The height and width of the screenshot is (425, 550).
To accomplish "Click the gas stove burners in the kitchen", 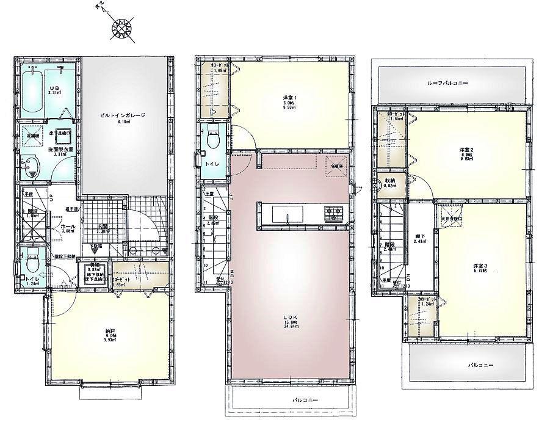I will (335, 213).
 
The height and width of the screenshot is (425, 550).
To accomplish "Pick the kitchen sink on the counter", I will (285, 215).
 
